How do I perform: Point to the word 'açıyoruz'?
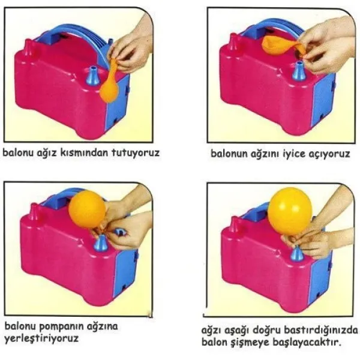[328, 154]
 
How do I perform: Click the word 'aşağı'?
[237, 331]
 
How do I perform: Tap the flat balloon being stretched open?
[281, 46]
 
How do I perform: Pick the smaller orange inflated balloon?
[87, 208]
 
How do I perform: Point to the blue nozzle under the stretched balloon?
[298, 71]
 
